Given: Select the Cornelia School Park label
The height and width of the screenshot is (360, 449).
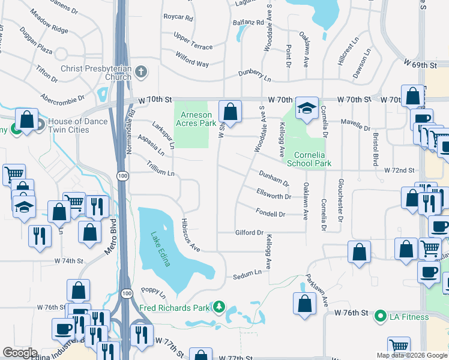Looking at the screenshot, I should click(309, 158).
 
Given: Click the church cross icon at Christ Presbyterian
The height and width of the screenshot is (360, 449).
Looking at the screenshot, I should click(141, 72).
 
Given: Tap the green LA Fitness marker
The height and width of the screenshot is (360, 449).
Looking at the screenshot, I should click(380, 316).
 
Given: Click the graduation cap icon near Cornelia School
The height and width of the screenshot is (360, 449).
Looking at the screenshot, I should click(307, 109).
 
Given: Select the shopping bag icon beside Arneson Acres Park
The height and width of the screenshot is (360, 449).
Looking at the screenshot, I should click(230, 111).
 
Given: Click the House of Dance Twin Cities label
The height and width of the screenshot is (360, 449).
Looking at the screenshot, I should click(78, 126).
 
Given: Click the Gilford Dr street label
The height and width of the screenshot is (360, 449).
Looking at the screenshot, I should click(250, 232).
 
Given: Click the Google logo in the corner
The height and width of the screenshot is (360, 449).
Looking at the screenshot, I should click(20, 353).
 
